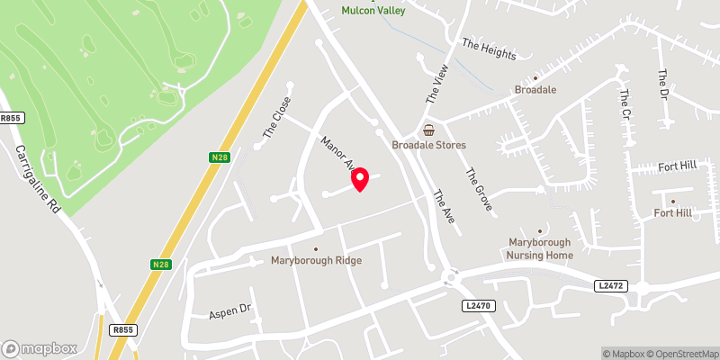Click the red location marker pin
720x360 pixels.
pos(360,179)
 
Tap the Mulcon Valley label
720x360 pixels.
pos(373,10)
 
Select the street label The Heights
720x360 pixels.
pos(489,49)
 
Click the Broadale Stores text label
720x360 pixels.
pos(428,145)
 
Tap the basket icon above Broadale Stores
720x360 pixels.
pos(429,130)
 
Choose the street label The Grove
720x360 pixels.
pos(479,190)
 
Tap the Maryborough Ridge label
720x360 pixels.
pos(316,261)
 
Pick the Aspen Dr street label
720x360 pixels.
pos(229,310)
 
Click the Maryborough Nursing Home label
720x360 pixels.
pos(540,249)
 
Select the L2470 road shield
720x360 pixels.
pos(480,306)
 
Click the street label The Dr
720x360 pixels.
pos(663,85)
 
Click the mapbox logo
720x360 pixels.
pos(39,348)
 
